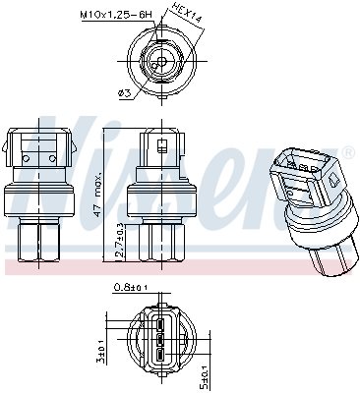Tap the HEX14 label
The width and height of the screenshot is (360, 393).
pos(186,13)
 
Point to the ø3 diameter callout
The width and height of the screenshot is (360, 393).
pos(124,93)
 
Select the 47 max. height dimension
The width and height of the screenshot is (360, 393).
pos(96,196)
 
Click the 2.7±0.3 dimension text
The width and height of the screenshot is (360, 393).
pos(120,240)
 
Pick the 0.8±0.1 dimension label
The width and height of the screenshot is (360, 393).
pos(130,288)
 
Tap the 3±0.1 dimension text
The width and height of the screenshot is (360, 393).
pos(102,353)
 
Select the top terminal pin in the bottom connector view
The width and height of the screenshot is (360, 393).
pos(159,324)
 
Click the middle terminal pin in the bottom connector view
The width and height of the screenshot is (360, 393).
pos(159,340)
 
